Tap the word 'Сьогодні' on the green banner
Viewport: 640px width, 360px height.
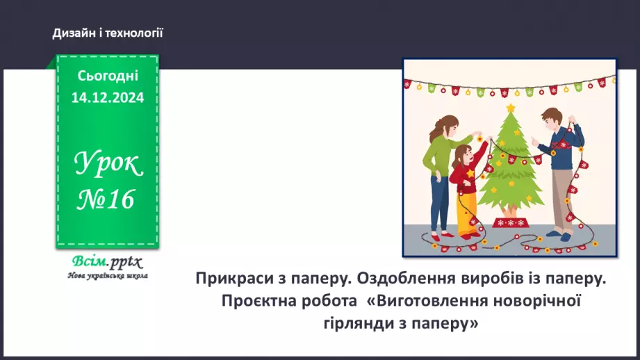point(108,76)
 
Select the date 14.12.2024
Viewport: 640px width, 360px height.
point(108,98)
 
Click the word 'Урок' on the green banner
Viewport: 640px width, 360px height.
point(108,165)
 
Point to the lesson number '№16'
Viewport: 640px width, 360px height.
point(106,199)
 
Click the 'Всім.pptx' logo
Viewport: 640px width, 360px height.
point(106,262)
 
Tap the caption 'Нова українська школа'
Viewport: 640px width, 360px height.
point(108,275)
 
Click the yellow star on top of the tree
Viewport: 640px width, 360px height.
point(511,108)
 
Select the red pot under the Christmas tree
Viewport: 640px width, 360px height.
point(511,222)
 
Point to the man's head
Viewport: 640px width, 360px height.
point(553,118)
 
